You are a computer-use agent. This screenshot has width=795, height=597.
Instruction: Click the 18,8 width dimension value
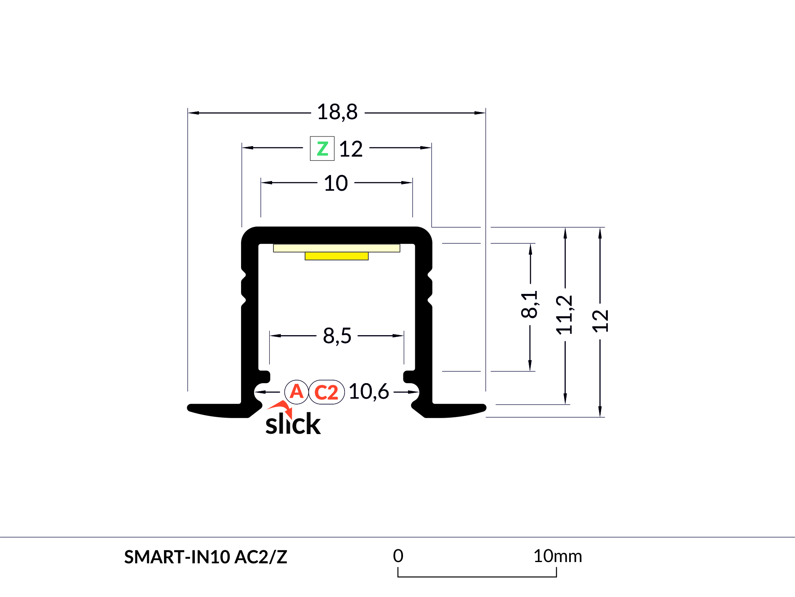pos(337,112)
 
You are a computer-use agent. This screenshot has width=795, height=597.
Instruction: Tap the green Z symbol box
pos(322,149)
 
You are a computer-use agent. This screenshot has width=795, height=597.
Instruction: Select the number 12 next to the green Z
pos(351,149)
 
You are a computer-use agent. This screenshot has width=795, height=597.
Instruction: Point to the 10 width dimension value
pos(336,183)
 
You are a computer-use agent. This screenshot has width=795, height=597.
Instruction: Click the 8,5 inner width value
pos(337,336)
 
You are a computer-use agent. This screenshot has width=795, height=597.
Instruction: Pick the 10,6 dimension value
pos(369,392)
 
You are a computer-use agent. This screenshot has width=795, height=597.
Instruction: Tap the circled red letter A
pos(297,392)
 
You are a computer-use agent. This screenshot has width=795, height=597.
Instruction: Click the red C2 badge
pos(326,392)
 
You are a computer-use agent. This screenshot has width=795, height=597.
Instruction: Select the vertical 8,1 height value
pos(530,304)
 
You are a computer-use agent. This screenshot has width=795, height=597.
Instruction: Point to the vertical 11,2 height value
pos(564,314)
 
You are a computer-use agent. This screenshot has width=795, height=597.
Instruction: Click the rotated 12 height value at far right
pos(600,321)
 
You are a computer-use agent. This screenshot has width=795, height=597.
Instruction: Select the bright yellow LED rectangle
pos(337,256)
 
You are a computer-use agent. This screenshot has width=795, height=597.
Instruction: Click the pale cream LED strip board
pos(337,248)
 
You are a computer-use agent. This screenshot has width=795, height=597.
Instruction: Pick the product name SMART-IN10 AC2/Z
pos(206,557)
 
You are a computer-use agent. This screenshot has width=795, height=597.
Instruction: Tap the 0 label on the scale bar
pos(398,556)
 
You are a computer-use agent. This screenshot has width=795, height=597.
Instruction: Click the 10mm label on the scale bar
pos(558,556)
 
